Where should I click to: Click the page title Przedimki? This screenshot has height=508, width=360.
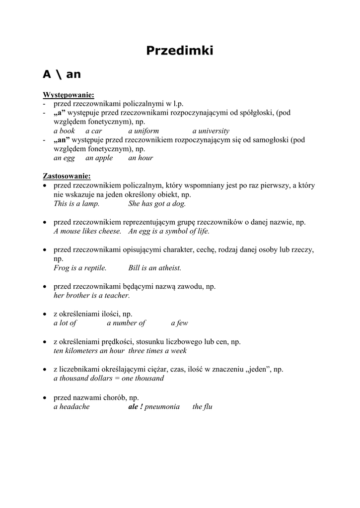point(180,51)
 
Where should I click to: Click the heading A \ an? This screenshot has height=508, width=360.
point(62,74)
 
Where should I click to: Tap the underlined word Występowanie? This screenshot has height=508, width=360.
point(69,95)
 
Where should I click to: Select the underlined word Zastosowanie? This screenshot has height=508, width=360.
point(67,176)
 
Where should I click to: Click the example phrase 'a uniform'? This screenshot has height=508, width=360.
point(144,131)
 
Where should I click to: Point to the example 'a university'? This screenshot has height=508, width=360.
point(211,131)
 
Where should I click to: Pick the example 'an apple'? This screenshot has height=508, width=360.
point(99,158)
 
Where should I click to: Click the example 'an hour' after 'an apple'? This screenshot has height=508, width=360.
point(141,158)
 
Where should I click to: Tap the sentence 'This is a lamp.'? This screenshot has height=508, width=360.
point(76,203)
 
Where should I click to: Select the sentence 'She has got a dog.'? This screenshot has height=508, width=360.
point(157,203)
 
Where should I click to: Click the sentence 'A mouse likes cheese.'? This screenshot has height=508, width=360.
point(87,231)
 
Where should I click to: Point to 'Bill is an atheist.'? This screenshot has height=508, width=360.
point(155,268)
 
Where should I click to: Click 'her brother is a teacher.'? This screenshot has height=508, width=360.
point(92,295)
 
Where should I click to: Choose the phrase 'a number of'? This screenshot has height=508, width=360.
point(126,323)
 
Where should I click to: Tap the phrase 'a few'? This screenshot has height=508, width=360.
point(179,323)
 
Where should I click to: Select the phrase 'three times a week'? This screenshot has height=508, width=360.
point(157,351)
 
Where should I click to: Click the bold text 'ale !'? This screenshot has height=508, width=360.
point(136,407)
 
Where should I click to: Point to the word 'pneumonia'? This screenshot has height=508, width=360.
point(162,407)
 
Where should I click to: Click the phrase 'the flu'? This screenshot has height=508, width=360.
point(203,407)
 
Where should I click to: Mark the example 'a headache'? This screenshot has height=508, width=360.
point(72,407)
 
